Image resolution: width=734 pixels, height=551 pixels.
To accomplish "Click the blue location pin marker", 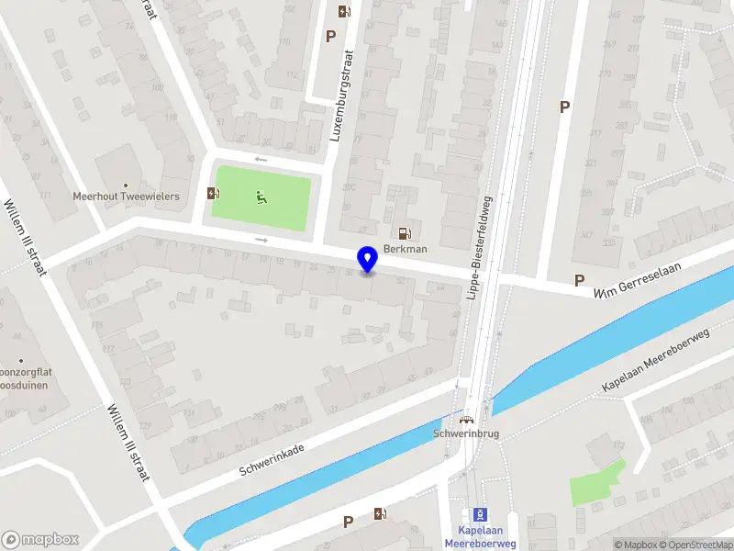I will click(x=368, y=260).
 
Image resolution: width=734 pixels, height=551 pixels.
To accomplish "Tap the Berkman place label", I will click(x=404, y=249).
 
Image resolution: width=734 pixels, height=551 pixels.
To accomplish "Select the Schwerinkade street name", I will click(x=272, y=456).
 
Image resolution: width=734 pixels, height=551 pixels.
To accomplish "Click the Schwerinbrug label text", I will click(x=465, y=434).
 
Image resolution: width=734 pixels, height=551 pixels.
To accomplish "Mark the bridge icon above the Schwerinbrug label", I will click(x=466, y=419).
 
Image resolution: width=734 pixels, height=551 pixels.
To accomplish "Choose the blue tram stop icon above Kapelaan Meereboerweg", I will click(x=479, y=514).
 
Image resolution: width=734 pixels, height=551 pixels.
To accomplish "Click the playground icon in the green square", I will click(x=261, y=195).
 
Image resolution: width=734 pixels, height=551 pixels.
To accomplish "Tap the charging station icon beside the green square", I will click(x=214, y=193).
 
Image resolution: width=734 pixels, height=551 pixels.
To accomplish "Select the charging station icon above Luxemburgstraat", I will click(x=344, y=12).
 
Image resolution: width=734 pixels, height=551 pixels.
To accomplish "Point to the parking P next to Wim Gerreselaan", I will click(x=579, y=280).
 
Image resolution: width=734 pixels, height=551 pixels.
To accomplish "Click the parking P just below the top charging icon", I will click(x=330, y=36).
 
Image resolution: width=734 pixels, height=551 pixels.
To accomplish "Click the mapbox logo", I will click(x=40, y=539).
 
